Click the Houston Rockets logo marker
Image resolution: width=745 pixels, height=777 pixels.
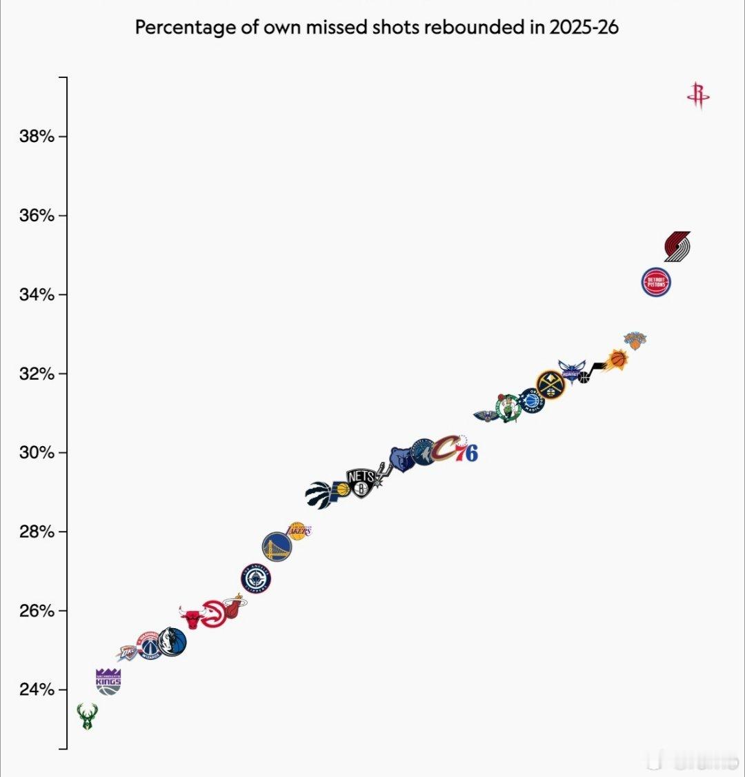coord(698,96)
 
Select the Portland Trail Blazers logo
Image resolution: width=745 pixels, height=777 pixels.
coord(677,246)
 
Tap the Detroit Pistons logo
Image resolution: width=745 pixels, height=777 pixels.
coord(656,282)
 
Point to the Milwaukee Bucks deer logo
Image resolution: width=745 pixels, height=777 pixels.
coord(87,716)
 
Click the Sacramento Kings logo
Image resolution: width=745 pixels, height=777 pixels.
coord(108,680)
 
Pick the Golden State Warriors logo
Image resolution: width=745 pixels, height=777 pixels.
coord(277,547)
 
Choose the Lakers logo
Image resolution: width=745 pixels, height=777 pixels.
coord(299,530)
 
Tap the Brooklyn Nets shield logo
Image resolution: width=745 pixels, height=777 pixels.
coord(361,483)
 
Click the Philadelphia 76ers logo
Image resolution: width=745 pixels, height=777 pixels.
coord(466,451)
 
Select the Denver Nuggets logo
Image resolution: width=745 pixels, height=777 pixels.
coord(550,383)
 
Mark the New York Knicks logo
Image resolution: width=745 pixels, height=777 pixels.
coord(635,340)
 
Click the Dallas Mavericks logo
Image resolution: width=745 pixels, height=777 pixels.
coord(171,642)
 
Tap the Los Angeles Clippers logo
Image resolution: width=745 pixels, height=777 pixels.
coord(256,578)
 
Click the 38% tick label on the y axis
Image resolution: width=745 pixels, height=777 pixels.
coord(37,137)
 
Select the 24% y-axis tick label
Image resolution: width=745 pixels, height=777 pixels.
coord(37,689)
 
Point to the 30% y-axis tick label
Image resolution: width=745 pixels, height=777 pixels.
coord(37,453)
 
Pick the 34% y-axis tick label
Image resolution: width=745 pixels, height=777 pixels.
coord(37,295)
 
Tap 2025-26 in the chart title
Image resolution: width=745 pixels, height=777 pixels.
coord(584,28)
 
